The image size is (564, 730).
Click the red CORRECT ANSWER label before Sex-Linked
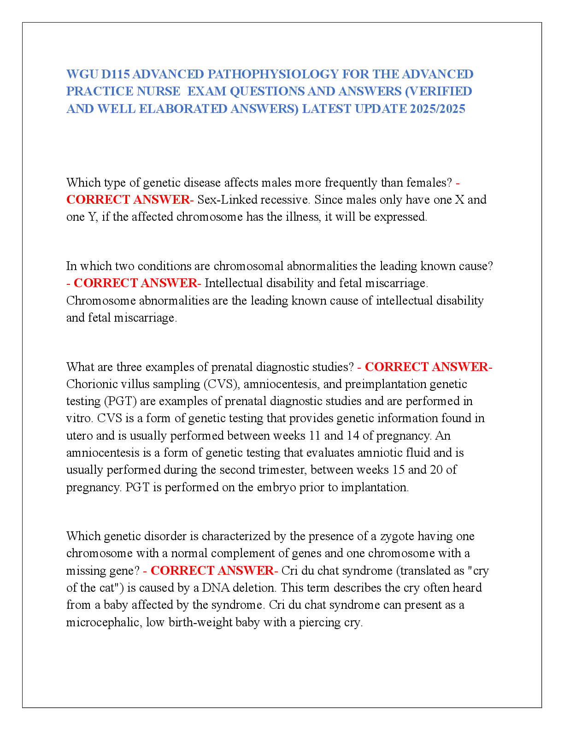tap(128, 200)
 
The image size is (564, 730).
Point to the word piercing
tap(319, 623)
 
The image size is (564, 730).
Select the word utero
tap(79, 436)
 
